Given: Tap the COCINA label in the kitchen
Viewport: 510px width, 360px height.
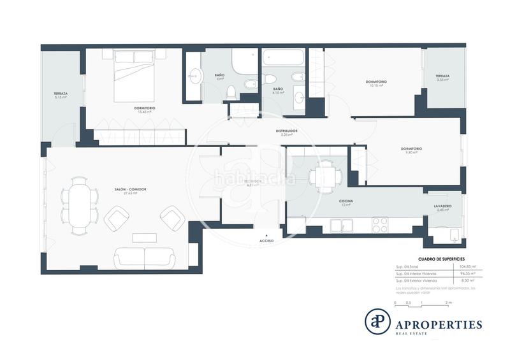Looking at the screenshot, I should [346, 201].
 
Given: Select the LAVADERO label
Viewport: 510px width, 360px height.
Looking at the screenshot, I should [442, 206].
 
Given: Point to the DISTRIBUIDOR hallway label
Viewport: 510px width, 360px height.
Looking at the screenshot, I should [287, 131].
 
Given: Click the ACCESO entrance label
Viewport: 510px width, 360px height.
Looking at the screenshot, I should [267, 241].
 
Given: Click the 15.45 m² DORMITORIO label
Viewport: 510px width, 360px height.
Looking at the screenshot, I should [145, 108].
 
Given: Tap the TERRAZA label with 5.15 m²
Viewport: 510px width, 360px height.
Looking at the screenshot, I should [61, 94].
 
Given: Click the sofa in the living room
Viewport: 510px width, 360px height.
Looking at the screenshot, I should [145, 257].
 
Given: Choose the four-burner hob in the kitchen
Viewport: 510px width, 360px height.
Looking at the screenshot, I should [380, 225].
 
